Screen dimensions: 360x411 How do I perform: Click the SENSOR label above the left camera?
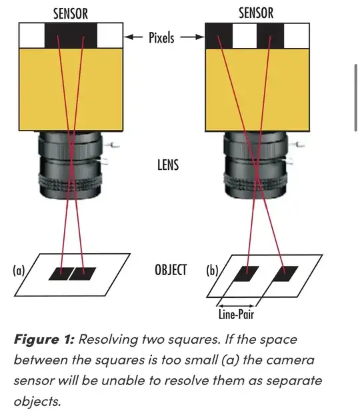pyautogui.click(x=71, y=13)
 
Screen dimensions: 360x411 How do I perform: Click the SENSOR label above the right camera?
pyautogui.click(x=256, y=13)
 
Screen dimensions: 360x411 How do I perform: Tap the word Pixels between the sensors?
pyautogui.click(x=161, y=37)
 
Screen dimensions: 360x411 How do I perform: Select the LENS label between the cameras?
pyautogui.click(x=168, y=165)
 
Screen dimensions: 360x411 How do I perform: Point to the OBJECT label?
pyautogui.click(x=171, y=270)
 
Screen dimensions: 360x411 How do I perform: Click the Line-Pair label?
pyautogui.click(x=236, y=314)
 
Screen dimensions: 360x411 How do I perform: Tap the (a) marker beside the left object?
pyautogui.click(x=19, y=270)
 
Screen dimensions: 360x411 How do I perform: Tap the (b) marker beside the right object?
pyautogui.click(x=212, y=270)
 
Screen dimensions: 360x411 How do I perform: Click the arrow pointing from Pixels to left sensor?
pyautogui.click(x=133, y=37)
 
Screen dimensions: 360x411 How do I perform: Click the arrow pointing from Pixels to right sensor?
pyautogui.click(x=192, y=37)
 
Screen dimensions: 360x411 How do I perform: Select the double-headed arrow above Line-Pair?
pyautogui.click(x=236, y=306)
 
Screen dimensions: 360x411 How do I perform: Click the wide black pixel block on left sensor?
pyautogui.click(x=71, y=35)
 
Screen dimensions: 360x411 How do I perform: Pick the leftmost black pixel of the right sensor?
pyautogui.click(x=219, y=36)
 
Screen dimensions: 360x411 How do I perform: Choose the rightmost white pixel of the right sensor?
pyautogui.click(x=297, y=36)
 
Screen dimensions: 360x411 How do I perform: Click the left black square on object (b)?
pyautogui.click(x=246, y=274)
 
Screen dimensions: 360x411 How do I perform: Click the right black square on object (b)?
pyautogui.click(x=285, y=274)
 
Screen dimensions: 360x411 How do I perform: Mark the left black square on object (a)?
pyautogui.click(x=60, y=274)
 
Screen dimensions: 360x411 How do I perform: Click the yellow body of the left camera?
pyautogui.click(x=71, y=89)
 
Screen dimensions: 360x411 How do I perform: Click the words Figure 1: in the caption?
pyautogui.click(x=45, y=340)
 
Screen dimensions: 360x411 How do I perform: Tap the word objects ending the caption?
pyautogui.click(x=37, y=401)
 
